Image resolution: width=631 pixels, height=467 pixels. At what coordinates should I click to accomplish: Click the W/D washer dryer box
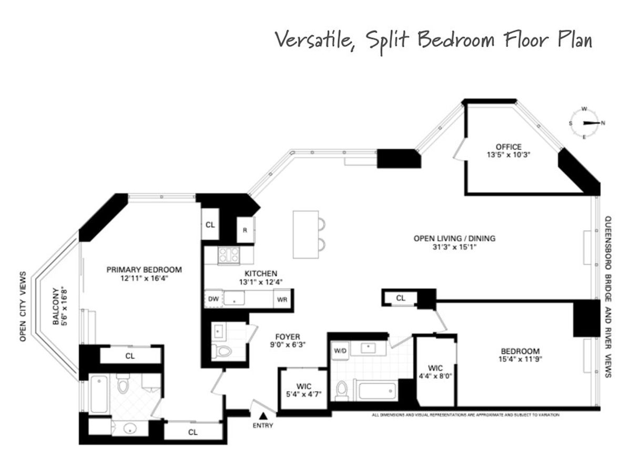[x=340, y=351]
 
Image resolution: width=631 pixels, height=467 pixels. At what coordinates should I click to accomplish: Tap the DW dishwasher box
[x=213, y=299]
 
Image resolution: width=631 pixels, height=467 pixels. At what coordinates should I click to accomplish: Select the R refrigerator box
[x=246, y=231]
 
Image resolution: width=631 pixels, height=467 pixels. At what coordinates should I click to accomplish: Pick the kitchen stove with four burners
[x=228, y=255]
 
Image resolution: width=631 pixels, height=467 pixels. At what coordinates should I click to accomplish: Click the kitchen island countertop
[x=306, y=234]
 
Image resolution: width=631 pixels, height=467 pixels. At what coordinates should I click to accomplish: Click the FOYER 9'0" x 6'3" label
[x=287, y=341]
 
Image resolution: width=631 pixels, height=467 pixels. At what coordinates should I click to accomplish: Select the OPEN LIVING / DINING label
[x=454, y=242]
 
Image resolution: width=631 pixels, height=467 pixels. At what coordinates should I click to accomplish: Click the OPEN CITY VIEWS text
[x=23, y=307]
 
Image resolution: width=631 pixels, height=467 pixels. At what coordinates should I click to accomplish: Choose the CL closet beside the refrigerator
[x=210, y=225]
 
